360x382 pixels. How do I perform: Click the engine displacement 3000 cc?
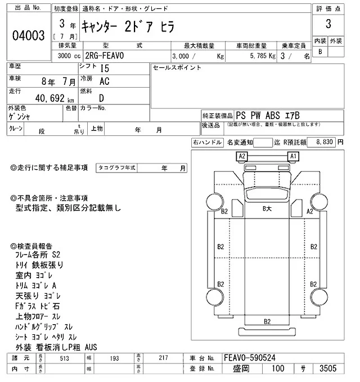[69, 56]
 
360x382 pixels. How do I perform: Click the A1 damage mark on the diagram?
[293, 156]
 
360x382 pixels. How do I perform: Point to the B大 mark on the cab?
[268, 208]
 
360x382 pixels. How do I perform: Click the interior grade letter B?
[321, 52]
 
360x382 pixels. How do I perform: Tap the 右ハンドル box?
[207, 143]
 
